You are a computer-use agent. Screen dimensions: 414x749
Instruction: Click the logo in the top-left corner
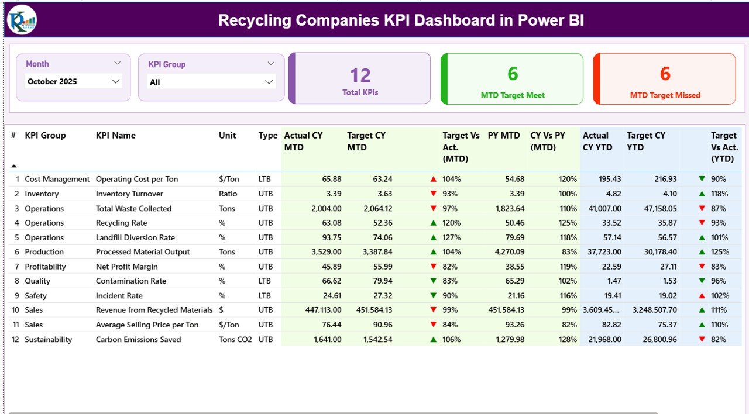pos(22,20)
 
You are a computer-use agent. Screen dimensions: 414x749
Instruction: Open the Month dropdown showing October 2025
pos(74,82)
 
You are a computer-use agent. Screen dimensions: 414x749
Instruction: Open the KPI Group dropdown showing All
pos(211,82)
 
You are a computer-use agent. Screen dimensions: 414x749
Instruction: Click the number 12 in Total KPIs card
pos(360,75)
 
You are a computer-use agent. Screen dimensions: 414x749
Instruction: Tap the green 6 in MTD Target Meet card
pos(513,74)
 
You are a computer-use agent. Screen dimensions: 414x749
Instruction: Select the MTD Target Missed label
pos(665,95)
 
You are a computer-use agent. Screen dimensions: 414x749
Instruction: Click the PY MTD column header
pos(504,136)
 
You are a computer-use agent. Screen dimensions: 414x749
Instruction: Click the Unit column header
pos(227,136)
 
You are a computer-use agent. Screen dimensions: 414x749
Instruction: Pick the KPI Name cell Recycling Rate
pos(121,223)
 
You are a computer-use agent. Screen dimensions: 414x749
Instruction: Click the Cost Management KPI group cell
pos(57,179)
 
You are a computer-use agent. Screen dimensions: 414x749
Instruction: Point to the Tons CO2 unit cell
pos(235,339)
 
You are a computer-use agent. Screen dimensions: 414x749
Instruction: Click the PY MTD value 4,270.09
pos(507,252)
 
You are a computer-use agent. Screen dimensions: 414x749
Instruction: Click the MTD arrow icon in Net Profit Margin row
pos(433,267)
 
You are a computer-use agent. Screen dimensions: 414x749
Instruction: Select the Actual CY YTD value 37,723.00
pos(602,252)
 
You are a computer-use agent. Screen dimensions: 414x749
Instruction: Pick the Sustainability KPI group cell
pos(48,339)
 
